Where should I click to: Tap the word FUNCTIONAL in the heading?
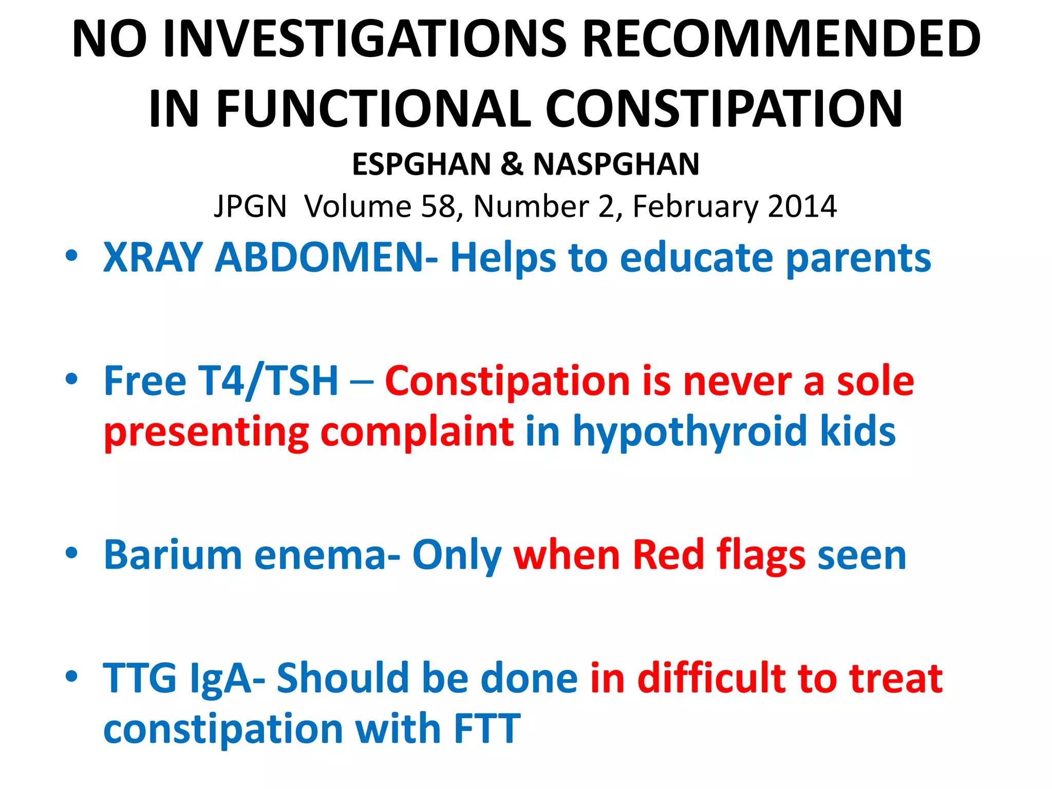click(x=373, y=109)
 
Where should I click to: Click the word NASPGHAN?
click(x=616, y=164)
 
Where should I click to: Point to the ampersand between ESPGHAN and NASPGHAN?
click(x=512, y=164)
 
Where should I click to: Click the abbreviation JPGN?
click(x=250, y=206)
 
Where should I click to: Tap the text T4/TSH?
click(x=269, y=381)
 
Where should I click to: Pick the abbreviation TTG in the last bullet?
click(x=140, y=678)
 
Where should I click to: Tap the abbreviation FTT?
click(x=487, y=728)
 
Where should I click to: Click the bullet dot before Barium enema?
click(x=71, y=553)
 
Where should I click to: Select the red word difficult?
click(x=711, y=678)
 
